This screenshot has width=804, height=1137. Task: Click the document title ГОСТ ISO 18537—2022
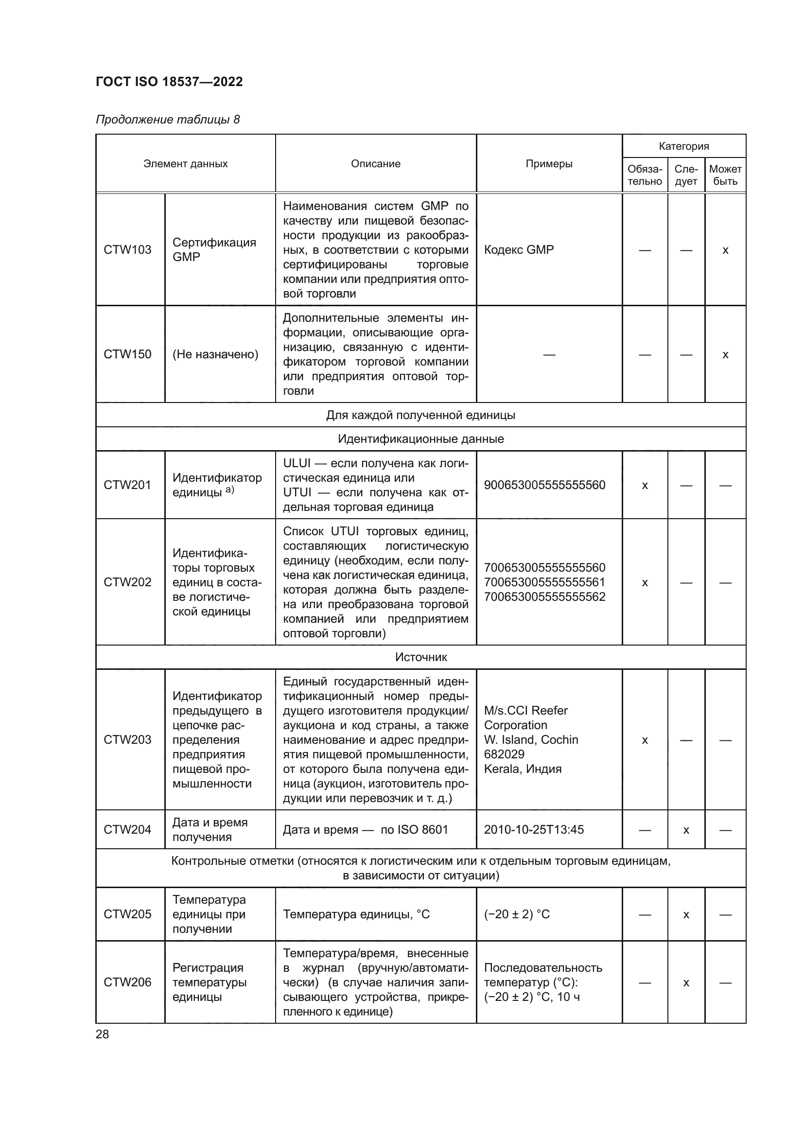(169, 82)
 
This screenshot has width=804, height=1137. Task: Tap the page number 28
(103, 1034)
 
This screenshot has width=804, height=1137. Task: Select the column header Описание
(375, 163)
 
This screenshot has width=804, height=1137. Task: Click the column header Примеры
(548, 163)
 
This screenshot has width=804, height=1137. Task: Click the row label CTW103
(127, 249)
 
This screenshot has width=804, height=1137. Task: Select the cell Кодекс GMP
(518, 249)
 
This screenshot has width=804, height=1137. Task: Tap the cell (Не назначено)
(215, 354)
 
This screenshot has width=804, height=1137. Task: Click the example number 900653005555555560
(544, 485)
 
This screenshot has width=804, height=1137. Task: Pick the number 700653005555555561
(544, 582)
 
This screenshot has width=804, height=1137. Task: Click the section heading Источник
(420, 657)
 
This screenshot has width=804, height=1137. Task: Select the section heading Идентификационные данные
(420, 439)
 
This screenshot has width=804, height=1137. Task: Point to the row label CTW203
(127, 739)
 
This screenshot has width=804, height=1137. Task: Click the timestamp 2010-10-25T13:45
(534, 829)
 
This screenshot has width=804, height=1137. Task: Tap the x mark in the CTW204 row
(686, 830)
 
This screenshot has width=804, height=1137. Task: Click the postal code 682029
(504, 754)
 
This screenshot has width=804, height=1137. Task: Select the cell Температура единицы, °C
(356, 914)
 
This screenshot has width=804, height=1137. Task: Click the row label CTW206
(127, 982)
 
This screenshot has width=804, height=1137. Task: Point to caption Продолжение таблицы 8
(167, 120)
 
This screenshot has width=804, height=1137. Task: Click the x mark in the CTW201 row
(645, 485)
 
